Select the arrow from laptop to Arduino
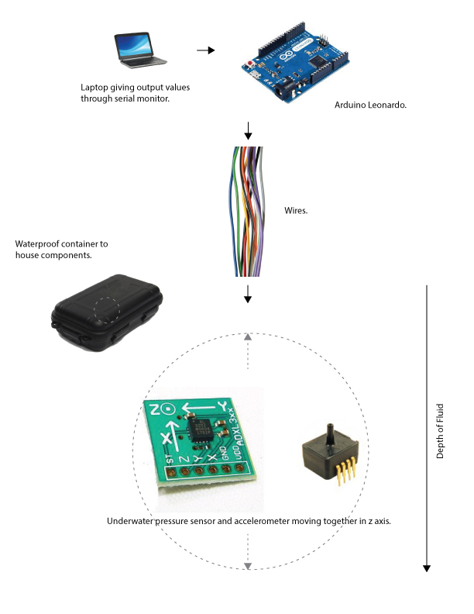pos(204,50)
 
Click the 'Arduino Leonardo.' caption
pos(370,104)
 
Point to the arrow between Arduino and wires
pos(248,129)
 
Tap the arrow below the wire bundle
pos(248,294)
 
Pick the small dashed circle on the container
pos(106,309)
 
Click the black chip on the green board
pos(198,429)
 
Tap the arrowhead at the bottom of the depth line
pos(426,567)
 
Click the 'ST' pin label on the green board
pos(170,463)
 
